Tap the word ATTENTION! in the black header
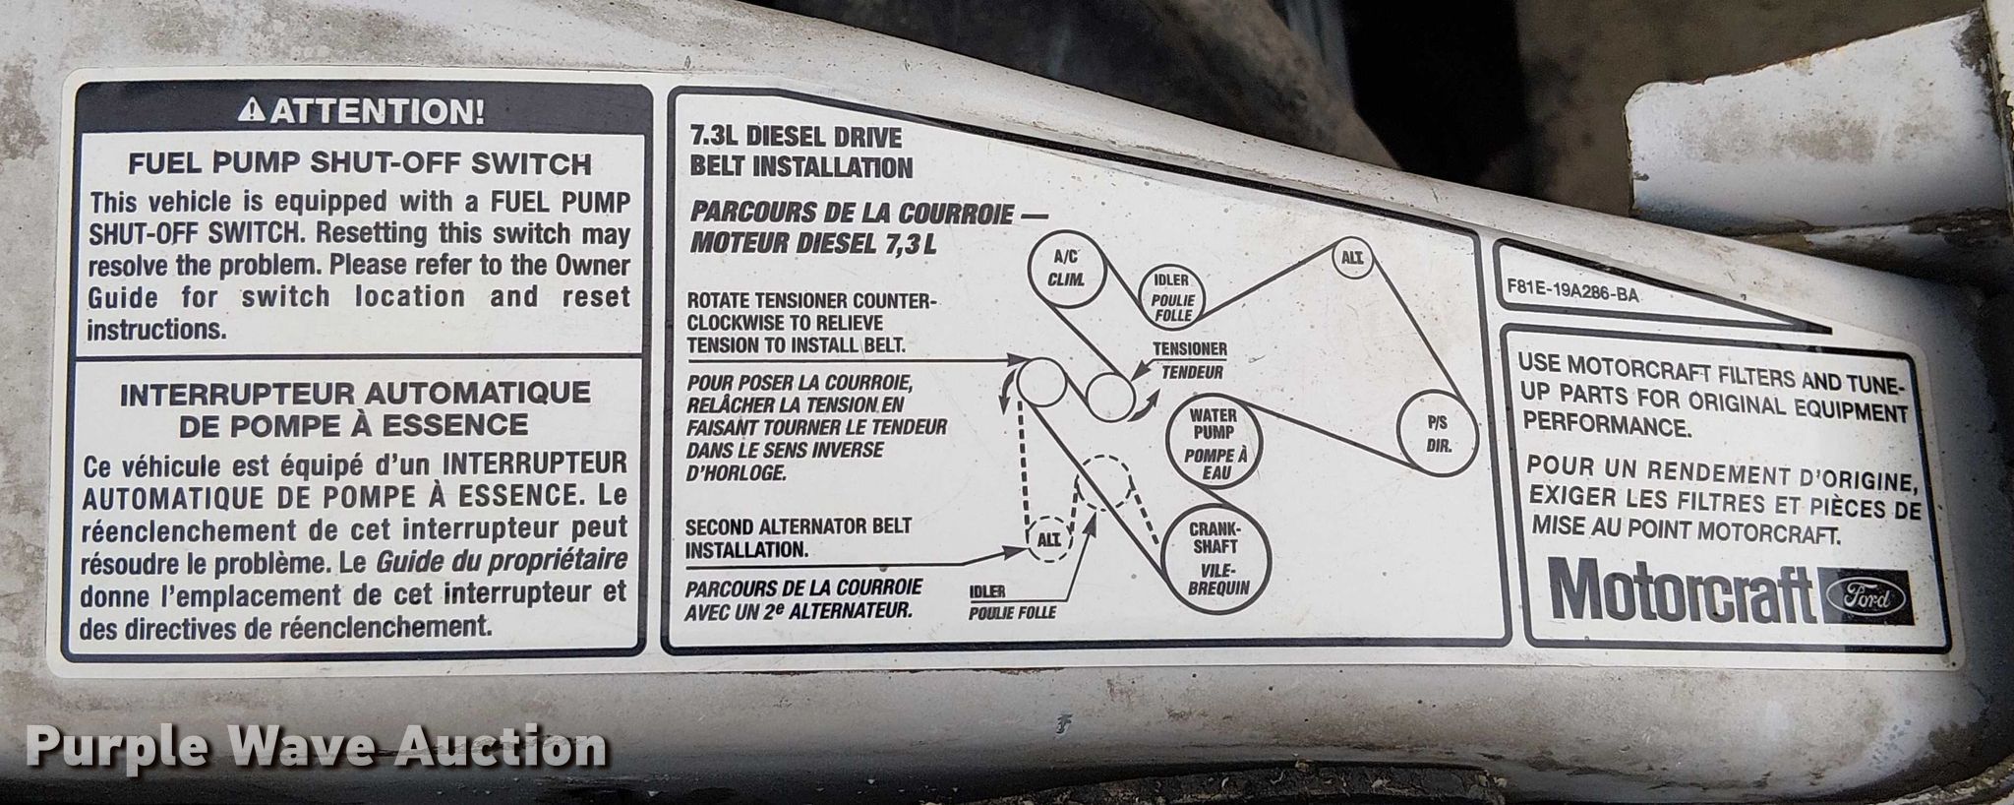(378, 111)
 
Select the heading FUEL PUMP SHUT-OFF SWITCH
(360, 163)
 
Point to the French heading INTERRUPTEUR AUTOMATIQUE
(355, 394)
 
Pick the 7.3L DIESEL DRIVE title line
(796, 139)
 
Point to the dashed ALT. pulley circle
(1048, 538)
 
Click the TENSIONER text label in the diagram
(1189, 349)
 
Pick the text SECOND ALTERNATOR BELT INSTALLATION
(799, 538)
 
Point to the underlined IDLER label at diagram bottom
(987, 591)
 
